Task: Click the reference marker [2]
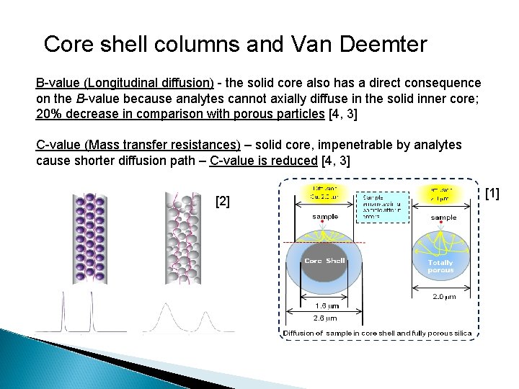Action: click(223, 202)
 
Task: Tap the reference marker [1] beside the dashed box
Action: click(492, 192)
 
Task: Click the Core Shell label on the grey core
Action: click(324, 261)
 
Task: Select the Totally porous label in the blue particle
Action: click(440, 266)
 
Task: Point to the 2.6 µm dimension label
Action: click(324, 318)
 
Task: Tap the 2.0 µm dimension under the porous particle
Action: click(443, 296)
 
